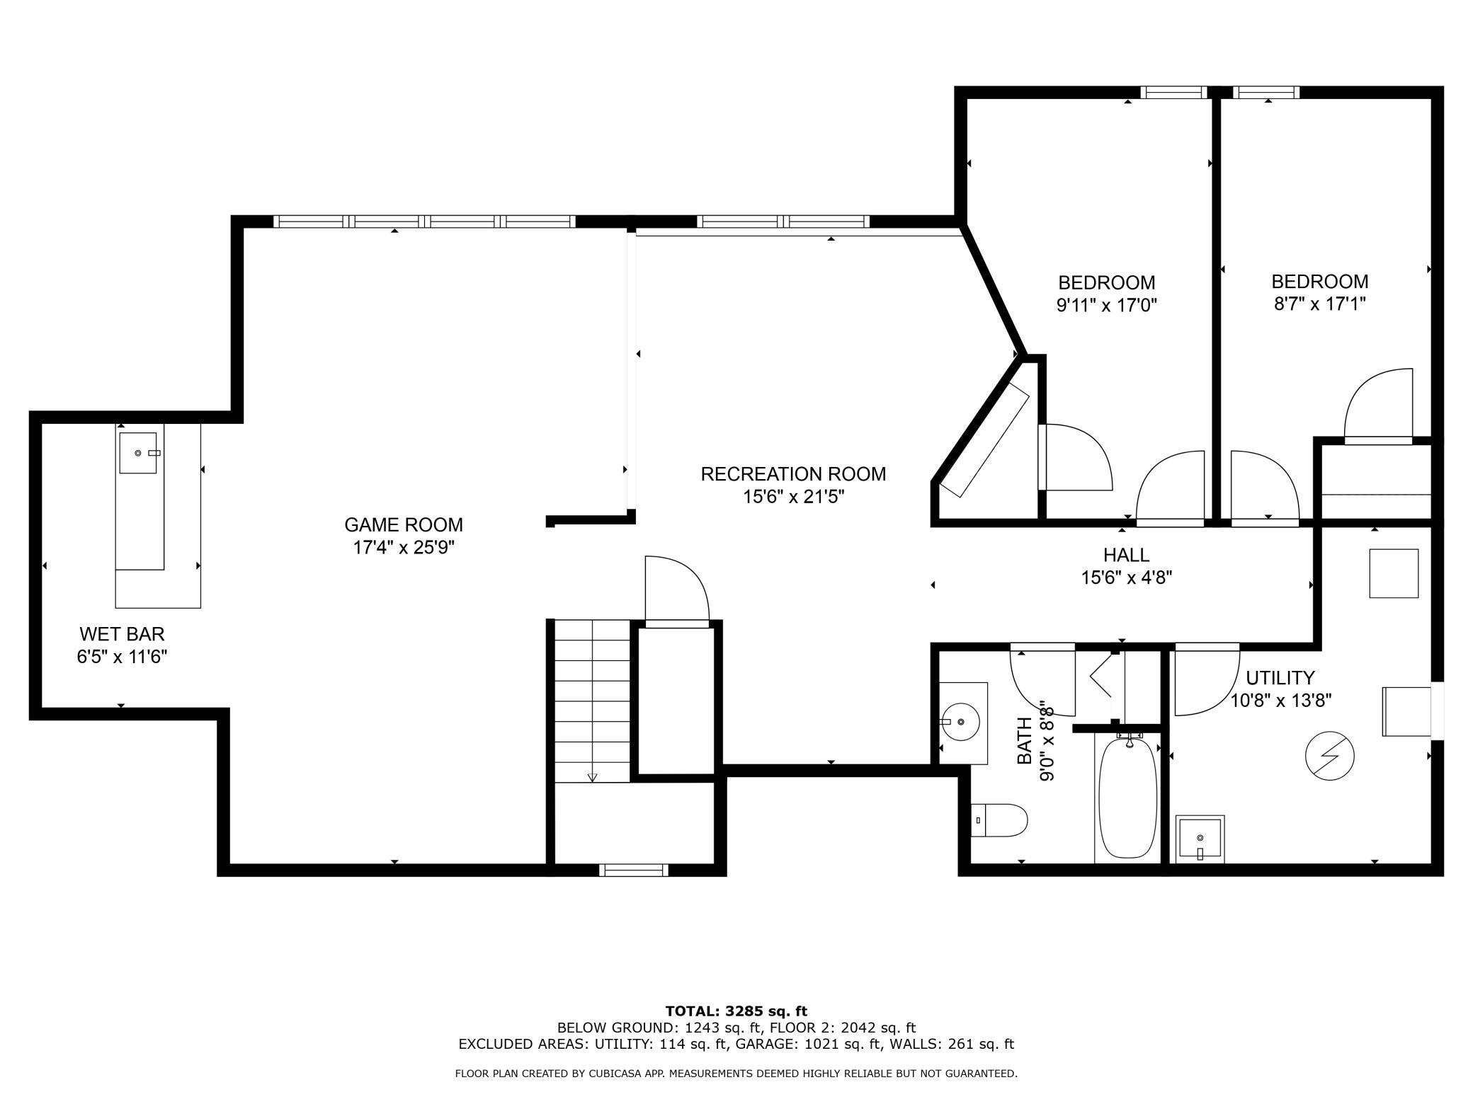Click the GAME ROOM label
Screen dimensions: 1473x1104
404,525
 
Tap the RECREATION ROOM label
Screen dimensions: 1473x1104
793,474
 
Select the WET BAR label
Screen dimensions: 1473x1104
122,634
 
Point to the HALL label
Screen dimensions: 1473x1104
1126,555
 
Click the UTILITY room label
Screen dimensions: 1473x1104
1280,678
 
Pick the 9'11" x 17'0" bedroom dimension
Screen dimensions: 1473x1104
1107,306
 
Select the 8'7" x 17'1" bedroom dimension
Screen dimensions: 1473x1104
1320,304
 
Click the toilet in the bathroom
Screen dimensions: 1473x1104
999,820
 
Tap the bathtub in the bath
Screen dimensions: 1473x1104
1128,798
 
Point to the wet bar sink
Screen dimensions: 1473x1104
138,453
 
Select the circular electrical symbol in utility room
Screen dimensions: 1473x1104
1330,756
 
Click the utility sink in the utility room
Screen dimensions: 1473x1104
1200,839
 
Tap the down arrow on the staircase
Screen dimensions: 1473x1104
593,777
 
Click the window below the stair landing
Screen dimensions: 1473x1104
634,870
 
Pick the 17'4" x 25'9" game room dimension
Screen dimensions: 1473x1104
404,548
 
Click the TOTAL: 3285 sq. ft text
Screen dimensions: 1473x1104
736,1011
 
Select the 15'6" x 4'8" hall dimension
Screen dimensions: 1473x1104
1127,577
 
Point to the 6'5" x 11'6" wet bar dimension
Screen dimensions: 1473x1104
122,657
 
